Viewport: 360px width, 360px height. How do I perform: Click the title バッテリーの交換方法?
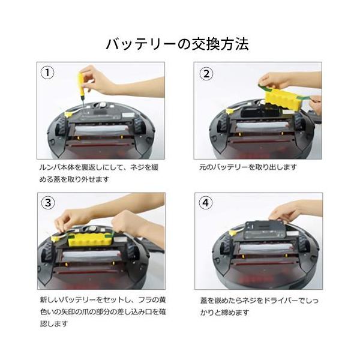[177, 44]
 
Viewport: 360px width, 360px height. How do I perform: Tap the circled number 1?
[47, 73]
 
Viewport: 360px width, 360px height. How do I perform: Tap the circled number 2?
[206, 74]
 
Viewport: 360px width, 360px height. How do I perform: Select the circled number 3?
[48, 203]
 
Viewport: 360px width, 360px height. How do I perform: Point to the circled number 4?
[206, 203]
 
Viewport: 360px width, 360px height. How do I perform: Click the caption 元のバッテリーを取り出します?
[248, 167]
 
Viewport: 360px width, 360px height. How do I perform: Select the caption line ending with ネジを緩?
[99, 167]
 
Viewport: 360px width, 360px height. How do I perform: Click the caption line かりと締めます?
[224, 312]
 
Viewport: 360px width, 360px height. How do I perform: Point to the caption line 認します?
[54, 324]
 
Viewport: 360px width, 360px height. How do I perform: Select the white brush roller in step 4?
[266, 248]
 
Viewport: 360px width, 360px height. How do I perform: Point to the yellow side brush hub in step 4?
[233, 233]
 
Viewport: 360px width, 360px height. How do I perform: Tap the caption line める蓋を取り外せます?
[74, 179]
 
